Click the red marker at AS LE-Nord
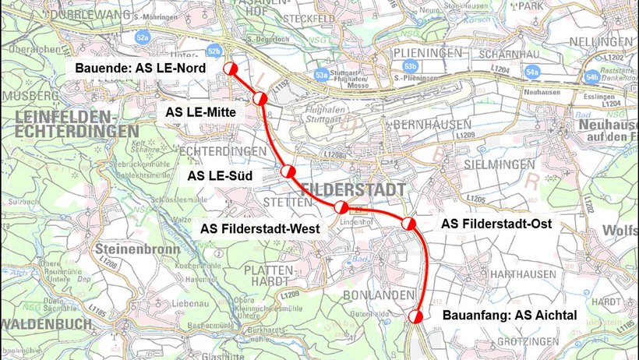(231, 70)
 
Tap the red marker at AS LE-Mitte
(260, 98)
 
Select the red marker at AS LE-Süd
(288, 171)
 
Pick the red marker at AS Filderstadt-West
(341, 207)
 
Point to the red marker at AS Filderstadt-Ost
(408, 224)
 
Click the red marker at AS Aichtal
(416, 316)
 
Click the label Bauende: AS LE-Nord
(140, 69)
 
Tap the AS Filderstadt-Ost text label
(496, 224)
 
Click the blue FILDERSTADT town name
(353, 189)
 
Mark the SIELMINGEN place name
(500, 165)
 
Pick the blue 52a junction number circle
(142, 37)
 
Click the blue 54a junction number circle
(532, 72)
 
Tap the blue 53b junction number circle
(411, 65)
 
